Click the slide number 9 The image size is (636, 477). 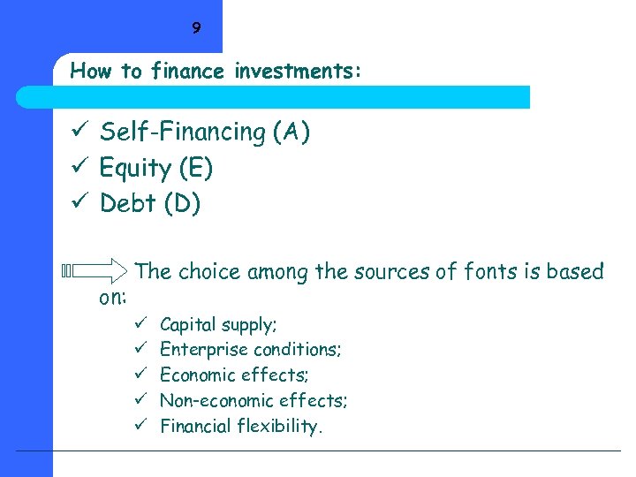point(196,28)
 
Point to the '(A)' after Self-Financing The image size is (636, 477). point(291,132)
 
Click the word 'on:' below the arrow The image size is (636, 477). point(113,298)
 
